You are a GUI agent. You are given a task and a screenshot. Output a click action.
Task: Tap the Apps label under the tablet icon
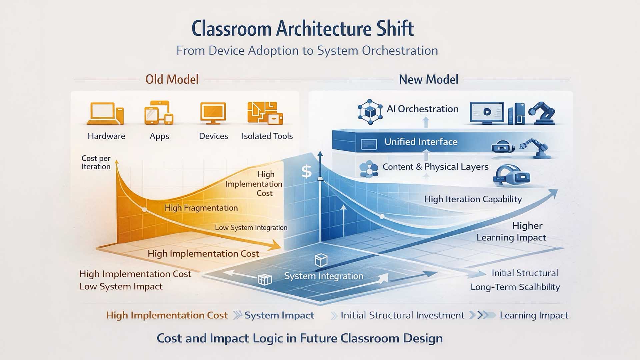click(159, 136)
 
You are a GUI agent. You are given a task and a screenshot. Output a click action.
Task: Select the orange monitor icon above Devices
click(213, 113)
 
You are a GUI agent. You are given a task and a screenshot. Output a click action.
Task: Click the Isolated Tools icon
click(265, 113)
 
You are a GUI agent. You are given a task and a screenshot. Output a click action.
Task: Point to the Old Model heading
click(172, 79)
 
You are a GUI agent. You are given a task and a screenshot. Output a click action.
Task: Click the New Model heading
click(428, 79)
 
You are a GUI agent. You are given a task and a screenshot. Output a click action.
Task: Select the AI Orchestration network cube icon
click(370, 112)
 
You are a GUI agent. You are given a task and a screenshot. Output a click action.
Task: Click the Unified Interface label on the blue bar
click(421, 142)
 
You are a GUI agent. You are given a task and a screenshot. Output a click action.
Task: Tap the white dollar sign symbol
click(306, 172)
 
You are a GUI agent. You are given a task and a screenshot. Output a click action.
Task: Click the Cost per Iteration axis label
click(96, 162)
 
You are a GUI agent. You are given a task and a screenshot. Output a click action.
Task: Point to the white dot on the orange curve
click(144, 210)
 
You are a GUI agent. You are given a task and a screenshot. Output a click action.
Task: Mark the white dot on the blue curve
click(382, 217)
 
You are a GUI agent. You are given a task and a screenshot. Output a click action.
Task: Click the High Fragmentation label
click(201, 208)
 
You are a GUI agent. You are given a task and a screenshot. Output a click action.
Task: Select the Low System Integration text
click(251, 228)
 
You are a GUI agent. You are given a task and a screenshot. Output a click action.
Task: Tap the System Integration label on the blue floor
click(323, 276)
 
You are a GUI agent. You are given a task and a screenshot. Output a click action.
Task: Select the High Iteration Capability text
click(473, 199)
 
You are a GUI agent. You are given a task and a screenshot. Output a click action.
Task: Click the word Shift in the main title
click(395, 29)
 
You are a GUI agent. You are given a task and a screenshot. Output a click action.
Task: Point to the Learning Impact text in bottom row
click(534, 315)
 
